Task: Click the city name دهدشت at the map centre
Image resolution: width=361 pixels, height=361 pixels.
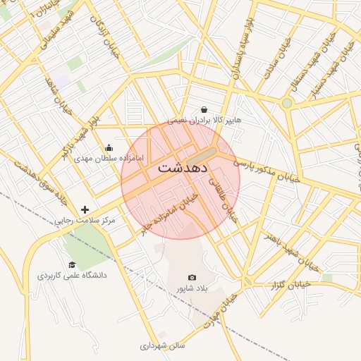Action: click(x=182, y=169)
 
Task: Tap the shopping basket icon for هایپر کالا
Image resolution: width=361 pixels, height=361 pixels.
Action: click(x=204, y=109)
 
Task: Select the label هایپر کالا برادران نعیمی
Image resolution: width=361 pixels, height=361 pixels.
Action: click(x=204, y=121)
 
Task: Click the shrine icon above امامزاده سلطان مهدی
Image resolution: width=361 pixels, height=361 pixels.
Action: click(x=109, y=148)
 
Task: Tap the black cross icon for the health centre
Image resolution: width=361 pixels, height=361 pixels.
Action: click(x=85, y=209)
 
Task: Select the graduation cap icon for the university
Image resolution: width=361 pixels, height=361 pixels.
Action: click(x=72, y=264)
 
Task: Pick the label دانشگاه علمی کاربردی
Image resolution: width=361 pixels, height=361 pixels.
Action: click(x=72, y=275)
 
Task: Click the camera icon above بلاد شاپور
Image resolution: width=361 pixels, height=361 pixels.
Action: click(x=192, y=278)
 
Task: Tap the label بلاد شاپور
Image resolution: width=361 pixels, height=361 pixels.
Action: click(x=192, y=288)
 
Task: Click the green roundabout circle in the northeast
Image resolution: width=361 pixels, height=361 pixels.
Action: click(x=287, y=103)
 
